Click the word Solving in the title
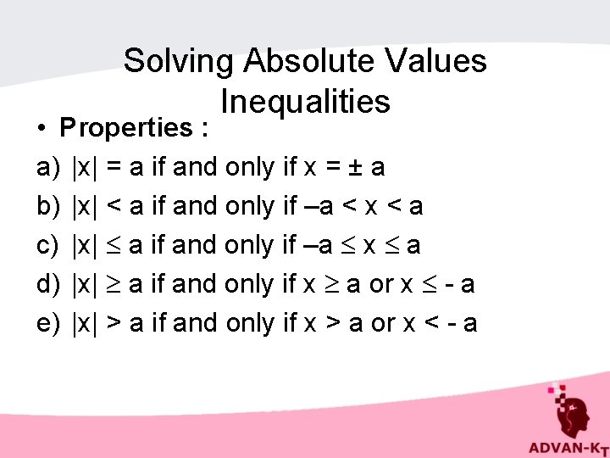click(x=178, y=61)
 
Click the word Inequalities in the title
click(x=305, y=102)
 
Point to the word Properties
click(x=126, y=128)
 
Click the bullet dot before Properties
click(x=42, y=129)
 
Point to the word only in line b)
click(x=252, y=207)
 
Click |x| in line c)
click(x=86, y=246)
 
